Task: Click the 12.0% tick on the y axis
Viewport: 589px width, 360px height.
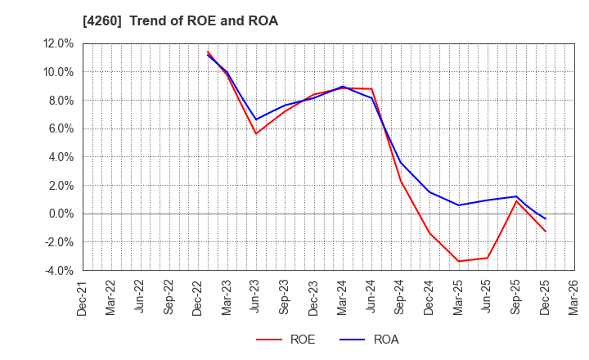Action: [x=56, y=44]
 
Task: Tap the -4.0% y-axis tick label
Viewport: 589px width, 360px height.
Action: [x=56, y=271]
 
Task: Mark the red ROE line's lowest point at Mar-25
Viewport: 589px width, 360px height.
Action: [x=458, y=261]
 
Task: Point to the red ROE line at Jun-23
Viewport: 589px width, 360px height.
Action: [x=256, y=134]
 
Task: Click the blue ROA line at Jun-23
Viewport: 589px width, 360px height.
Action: [x=256, y=119]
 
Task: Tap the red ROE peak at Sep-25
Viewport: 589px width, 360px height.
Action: [x=516, y=201]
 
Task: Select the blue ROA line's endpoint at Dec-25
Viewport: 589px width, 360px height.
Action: [x=545, y=218]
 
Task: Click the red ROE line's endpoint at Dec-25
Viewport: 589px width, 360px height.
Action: [x=545, y=232]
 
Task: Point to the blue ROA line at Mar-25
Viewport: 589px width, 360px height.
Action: [x=458, y=205]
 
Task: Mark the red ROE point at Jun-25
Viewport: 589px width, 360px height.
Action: [x=488, y=258]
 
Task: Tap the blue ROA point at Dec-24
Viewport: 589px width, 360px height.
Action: [x=429, y=192]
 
